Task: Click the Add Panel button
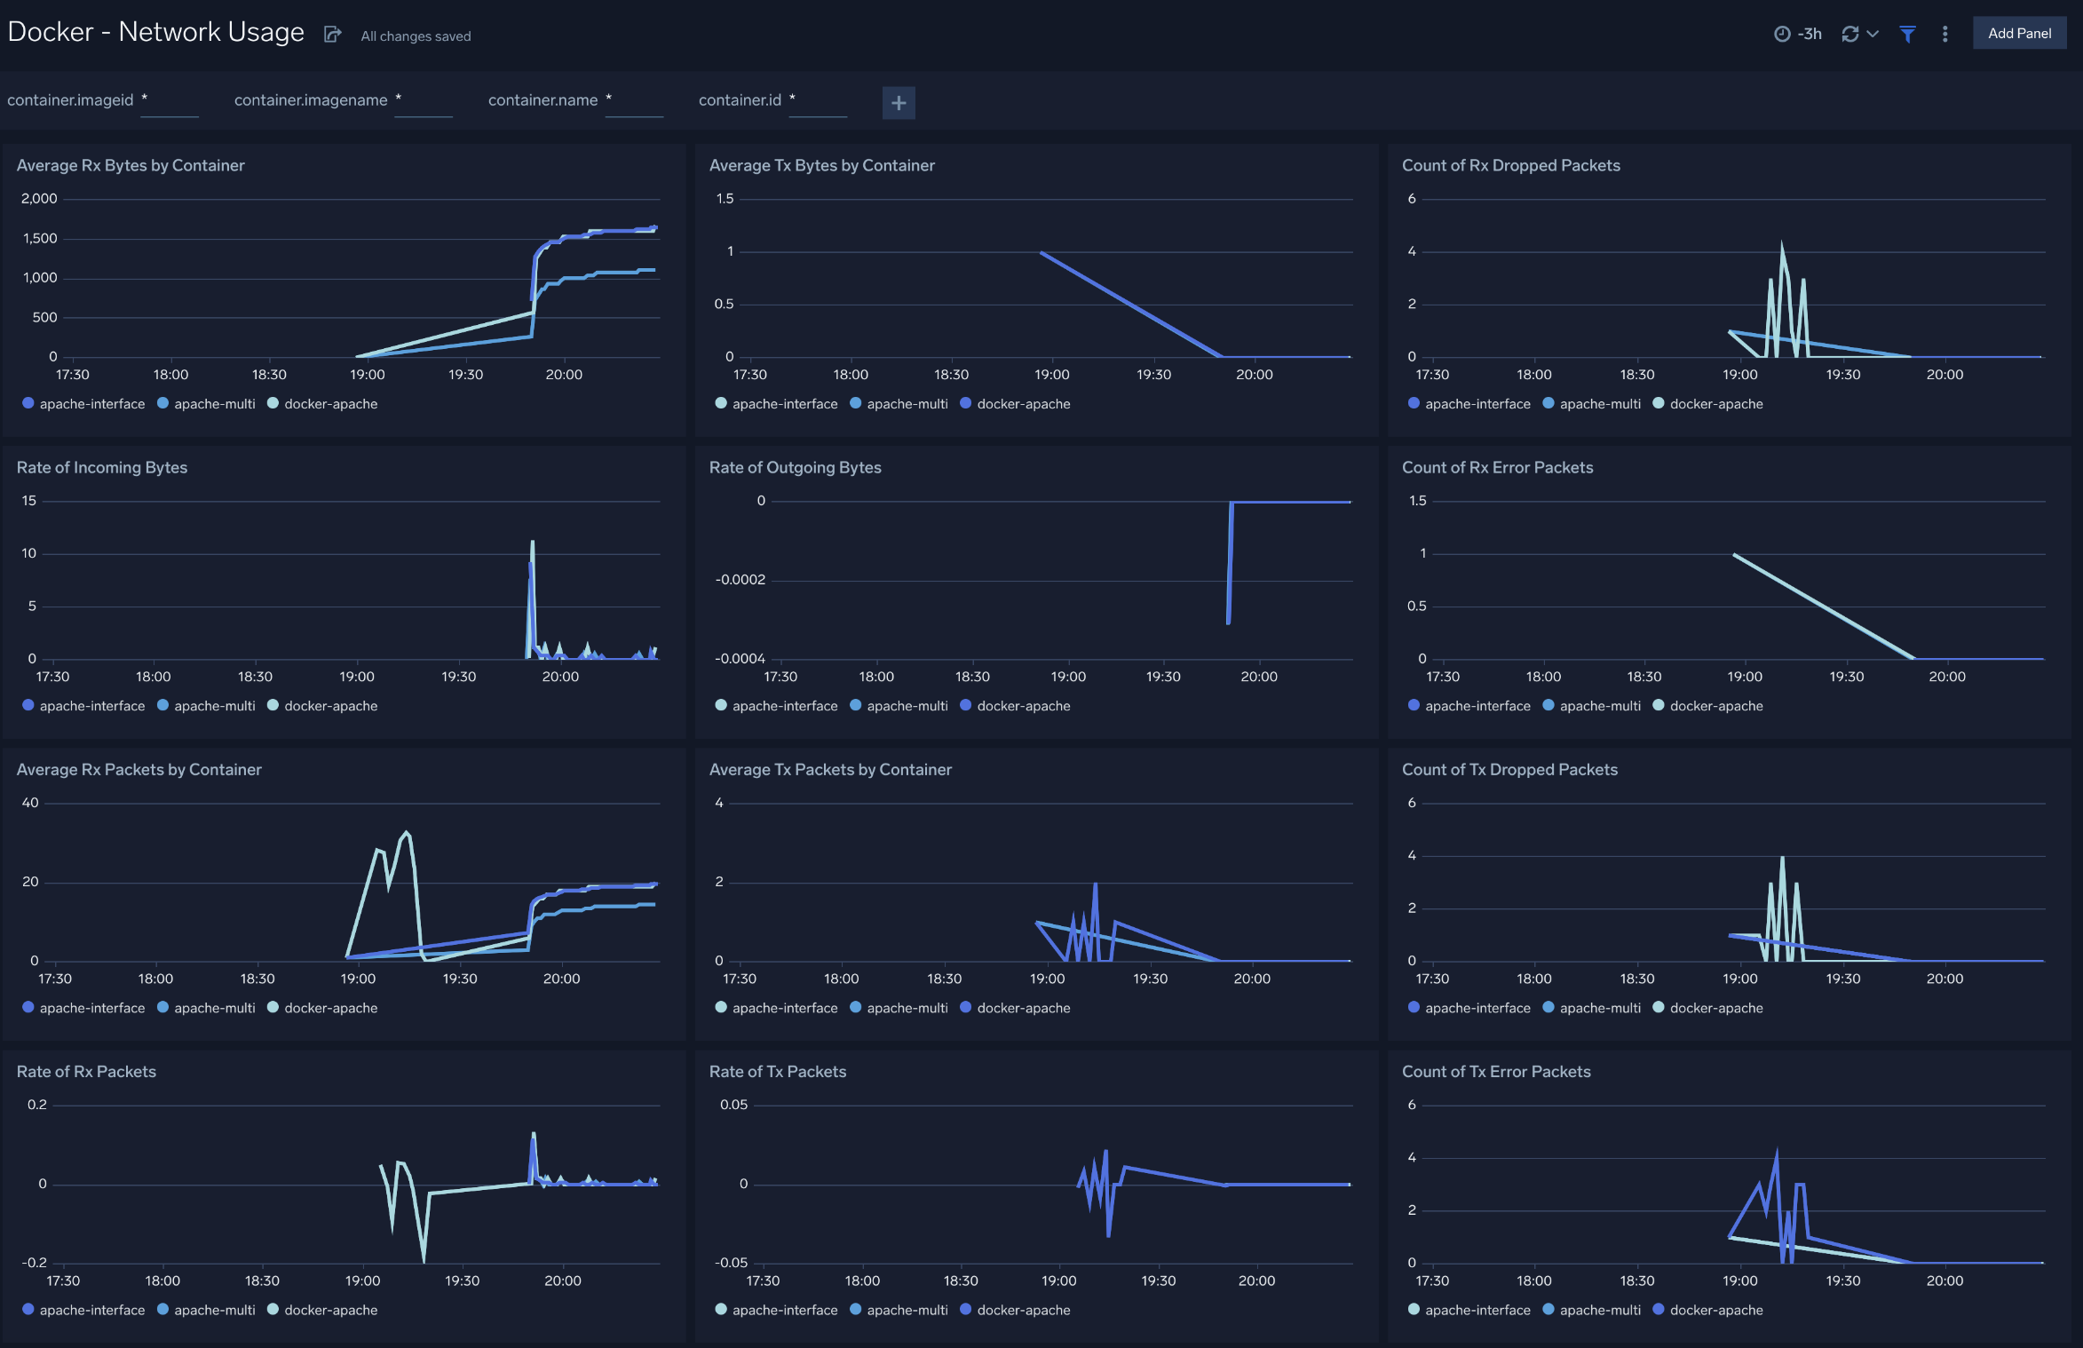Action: [x=2018, y=34]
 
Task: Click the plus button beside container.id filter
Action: [x=898, y=103]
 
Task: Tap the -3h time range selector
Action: [x=1798, y=34]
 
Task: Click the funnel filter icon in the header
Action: [x=1906, y=34]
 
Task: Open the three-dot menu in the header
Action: [x=1944, y=34]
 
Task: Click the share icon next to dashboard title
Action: [x=332, y=35]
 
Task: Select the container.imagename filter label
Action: [x=311, y=100]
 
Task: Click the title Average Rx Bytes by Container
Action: [x=131, y=165]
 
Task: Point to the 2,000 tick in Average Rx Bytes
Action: [x=39, y=199]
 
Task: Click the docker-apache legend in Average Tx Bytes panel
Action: [x=1023, y=404]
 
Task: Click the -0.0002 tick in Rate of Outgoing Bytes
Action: [x=740, y=580]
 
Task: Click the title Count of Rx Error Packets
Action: [x=1497, y=467]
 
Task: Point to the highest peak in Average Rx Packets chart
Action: [x=407, y=833]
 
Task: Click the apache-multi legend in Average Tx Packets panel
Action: [x=907, y=1008]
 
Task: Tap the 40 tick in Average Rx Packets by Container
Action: [x=30, y=803]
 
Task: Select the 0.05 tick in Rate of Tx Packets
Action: [x=733, y=1105]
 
